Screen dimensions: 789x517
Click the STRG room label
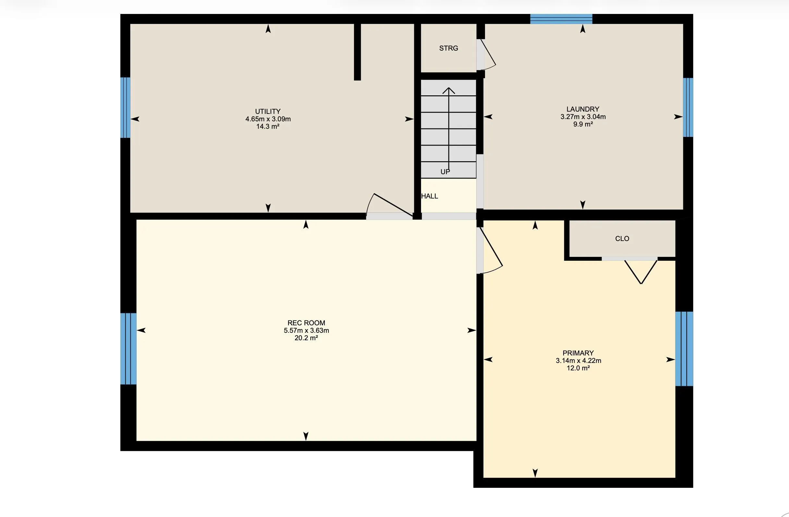(449, 48)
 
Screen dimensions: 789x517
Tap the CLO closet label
(622, 239)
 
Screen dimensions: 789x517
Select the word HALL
(430, 196)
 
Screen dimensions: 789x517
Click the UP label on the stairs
(445, 172)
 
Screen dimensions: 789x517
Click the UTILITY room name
(268, 111)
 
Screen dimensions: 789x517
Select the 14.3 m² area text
(268, 126)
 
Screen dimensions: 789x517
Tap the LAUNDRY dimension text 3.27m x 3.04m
(583, 117)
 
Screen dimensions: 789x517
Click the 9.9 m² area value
(583, 124)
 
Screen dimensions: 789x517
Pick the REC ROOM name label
(306, 323)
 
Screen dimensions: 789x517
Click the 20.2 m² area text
(306, 338)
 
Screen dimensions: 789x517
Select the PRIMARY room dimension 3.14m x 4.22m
(578, 361)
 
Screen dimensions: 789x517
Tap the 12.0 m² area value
(578, 368)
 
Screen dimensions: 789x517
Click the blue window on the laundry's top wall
(561, 19)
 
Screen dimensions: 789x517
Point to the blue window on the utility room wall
(125, 108)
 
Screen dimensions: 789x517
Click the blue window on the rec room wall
(128, 349)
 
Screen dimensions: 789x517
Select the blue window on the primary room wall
(684, 349)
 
